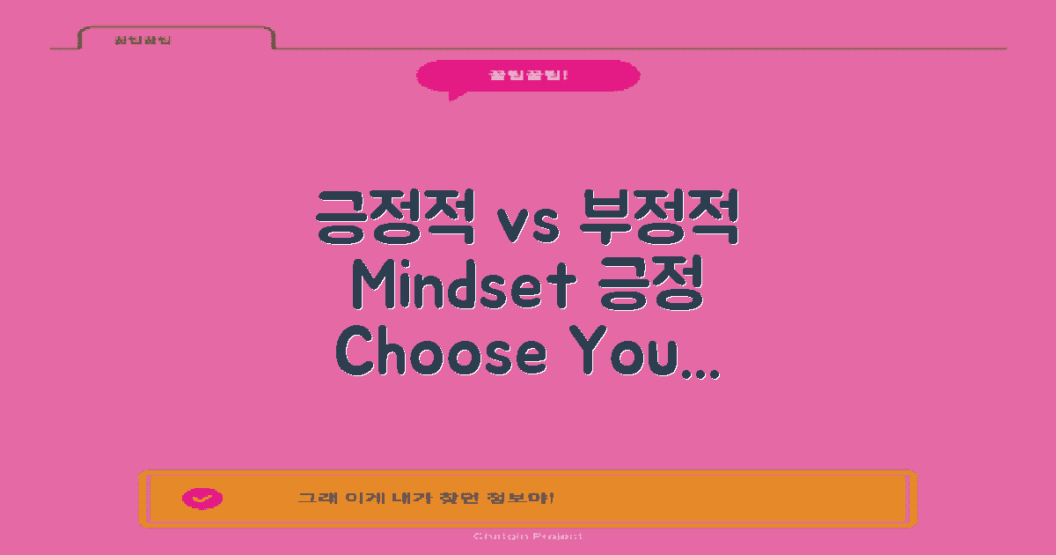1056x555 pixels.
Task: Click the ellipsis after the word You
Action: tap(702, 370)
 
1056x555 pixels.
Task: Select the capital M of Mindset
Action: tap(370, 285)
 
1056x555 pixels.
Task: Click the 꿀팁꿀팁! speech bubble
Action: tap(528, 75)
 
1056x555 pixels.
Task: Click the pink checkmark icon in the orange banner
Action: tap(202, 499)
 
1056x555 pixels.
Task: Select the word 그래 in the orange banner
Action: tap(312, 499)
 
